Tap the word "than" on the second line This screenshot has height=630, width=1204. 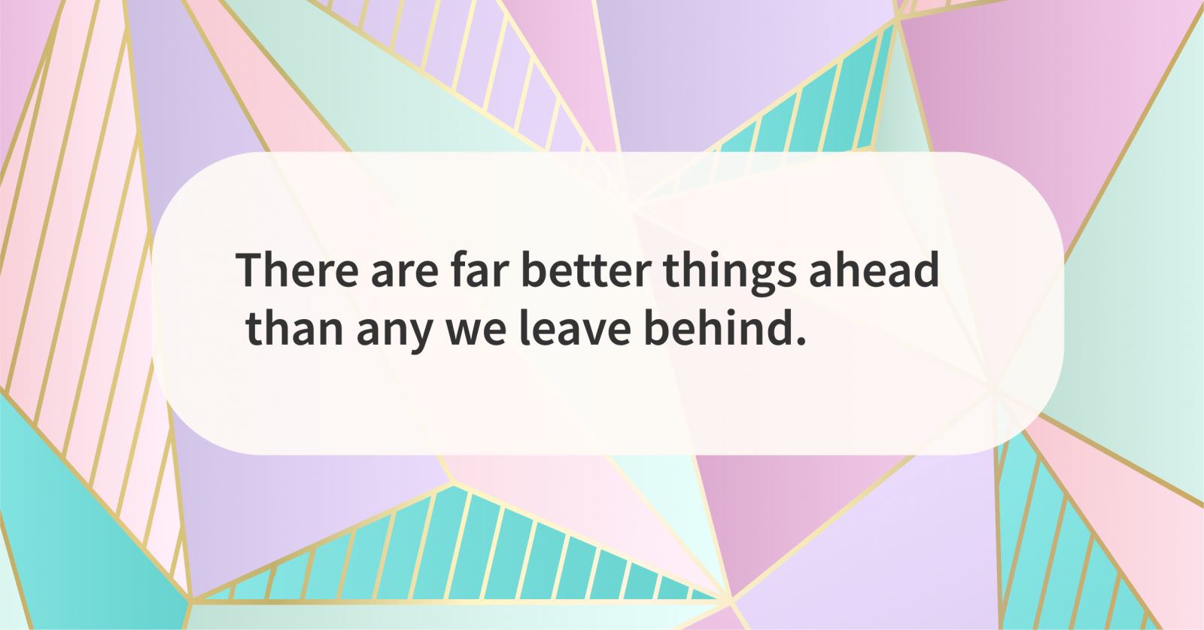point(294,329)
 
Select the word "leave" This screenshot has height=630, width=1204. point(575,329)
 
